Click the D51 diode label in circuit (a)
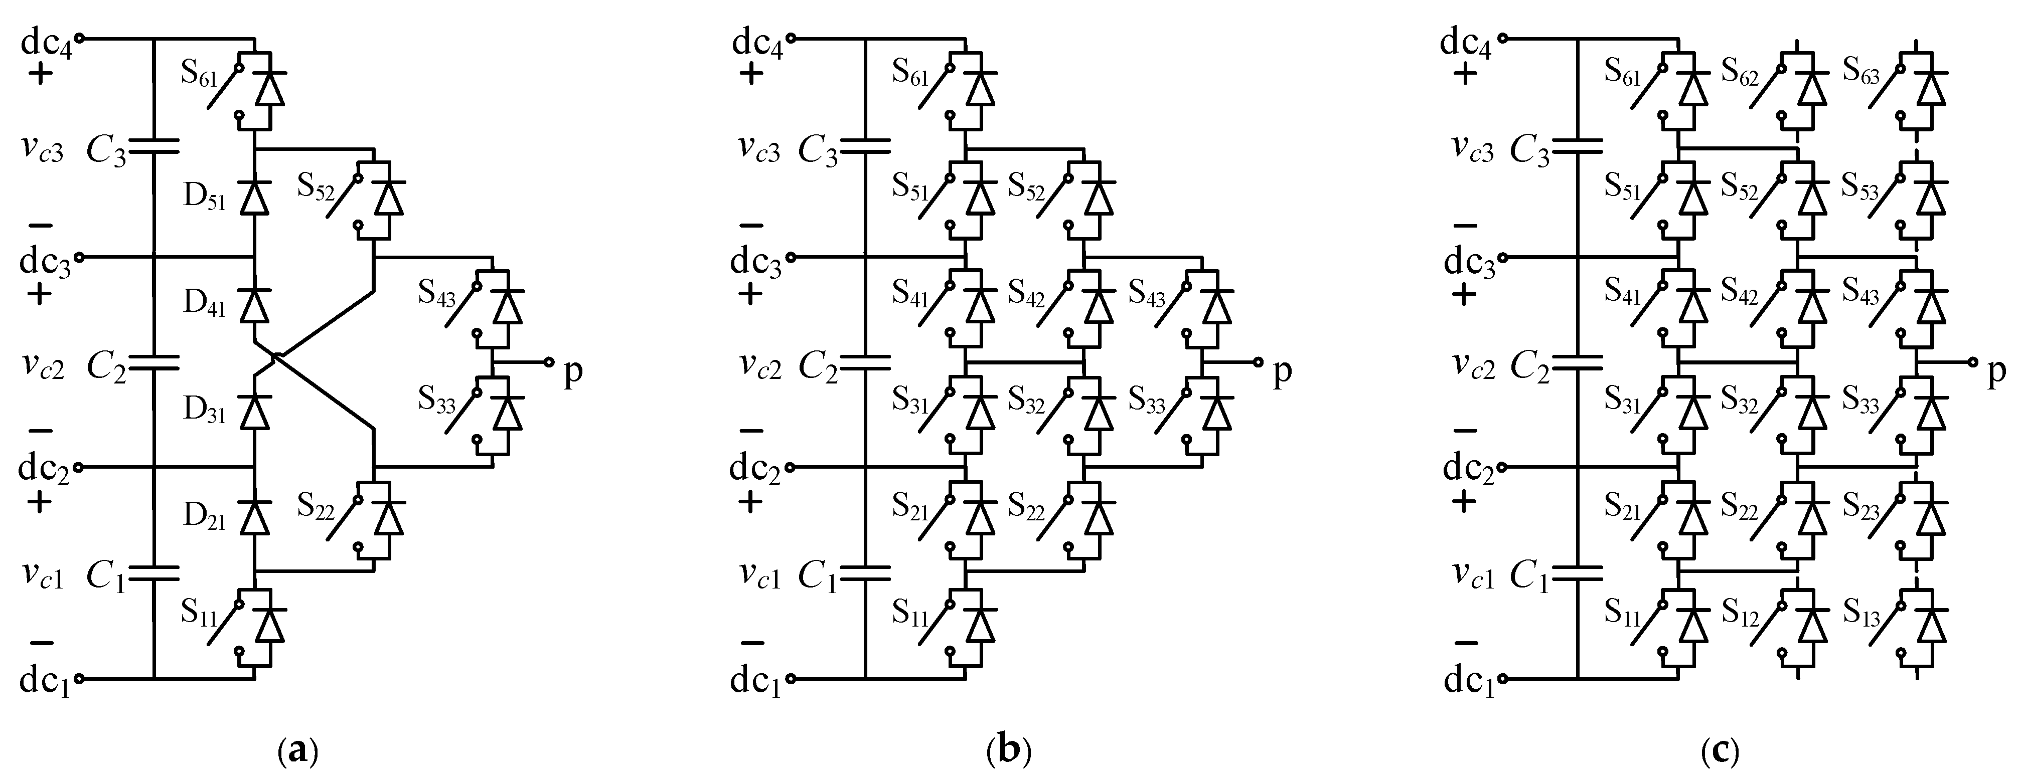pyautogui.click(x=204, y=198)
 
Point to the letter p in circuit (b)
pyautogui.click(x=1282, y=372)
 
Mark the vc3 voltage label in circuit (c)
pyautogui.click(x=1473, y=149)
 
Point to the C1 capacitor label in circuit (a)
pyautogui.click(x=106, y=577)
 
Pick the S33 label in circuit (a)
pyautogui.click(x=436, y=401)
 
